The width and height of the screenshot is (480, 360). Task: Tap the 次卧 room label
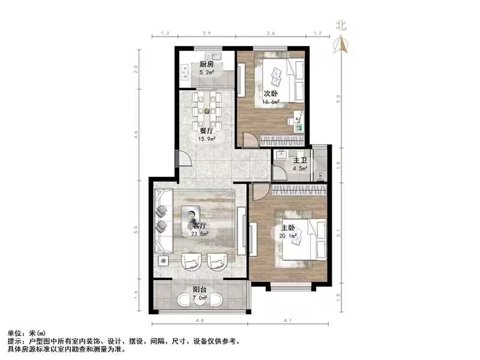[x=271, y=94]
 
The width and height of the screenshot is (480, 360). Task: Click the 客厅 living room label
[x=200, y=226]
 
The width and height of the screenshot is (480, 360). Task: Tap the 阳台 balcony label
[x=200, y=290]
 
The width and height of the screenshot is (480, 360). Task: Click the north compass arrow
[x=343, y=43]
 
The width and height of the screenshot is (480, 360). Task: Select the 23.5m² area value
[x=200, y=235]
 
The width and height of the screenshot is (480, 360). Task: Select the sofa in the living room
[x=163, y=219]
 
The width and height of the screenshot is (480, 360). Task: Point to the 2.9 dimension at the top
[x=206, y=34]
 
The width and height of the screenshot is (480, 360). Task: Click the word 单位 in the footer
[x=14, y=332]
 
